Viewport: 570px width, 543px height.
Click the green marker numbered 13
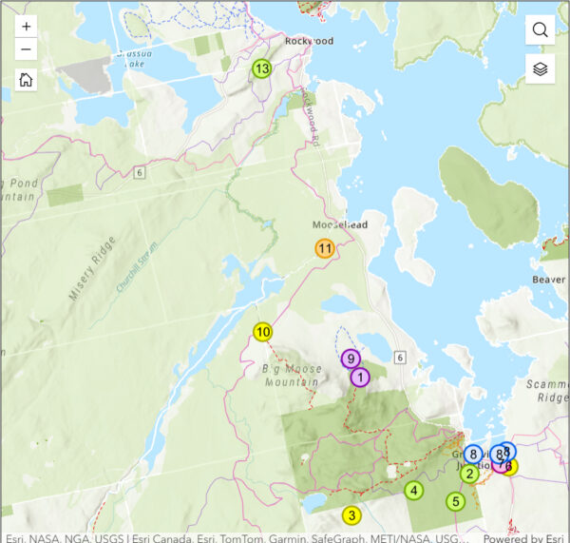click(261, 68)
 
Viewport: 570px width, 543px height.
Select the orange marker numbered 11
click(325, 249)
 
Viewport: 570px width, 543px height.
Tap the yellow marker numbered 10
click(263, 333)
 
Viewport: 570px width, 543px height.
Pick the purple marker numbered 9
click(351, 359)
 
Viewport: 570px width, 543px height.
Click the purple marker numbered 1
click(360, 378)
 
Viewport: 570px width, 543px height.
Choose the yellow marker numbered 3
click(351, 515)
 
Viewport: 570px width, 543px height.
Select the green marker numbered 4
click(413, 491)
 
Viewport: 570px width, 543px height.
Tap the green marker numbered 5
click(455, 501)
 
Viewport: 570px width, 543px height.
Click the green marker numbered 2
click(469, 473)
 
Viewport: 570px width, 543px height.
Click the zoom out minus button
click(26, 50)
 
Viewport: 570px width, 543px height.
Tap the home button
click(26, 80)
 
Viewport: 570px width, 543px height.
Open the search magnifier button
click(541, 29)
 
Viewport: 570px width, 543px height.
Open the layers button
click(541, 68)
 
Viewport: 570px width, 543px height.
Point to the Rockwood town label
click(310, 42)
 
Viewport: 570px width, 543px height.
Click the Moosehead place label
click(339, 225)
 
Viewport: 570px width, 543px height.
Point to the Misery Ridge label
click(91, 270)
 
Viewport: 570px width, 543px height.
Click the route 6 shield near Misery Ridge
click(139, 171)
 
